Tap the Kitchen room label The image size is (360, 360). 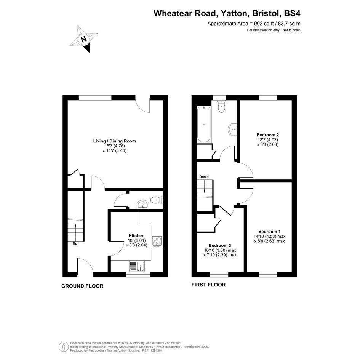tap(137, 235)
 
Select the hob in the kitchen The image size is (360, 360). tap(157, 242)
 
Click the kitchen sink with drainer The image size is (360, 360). tap(137, 266)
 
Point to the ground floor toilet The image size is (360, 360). tap(157, 200)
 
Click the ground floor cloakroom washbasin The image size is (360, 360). tap(143, 205)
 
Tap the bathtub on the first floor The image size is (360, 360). tap(204, 124)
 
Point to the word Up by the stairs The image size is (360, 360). tap(75, 243)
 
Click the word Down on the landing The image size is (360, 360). tap(204, 176)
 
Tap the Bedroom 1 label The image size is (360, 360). tap(269, 232)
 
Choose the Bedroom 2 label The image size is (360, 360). tap(268, 135)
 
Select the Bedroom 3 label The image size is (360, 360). tap(220, 245)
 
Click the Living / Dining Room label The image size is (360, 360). tap(115, 141)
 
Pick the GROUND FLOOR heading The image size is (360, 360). tap(82, 286)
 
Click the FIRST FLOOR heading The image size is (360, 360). tap(208, 285)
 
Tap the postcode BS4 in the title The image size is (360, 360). tap(292, 13)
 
